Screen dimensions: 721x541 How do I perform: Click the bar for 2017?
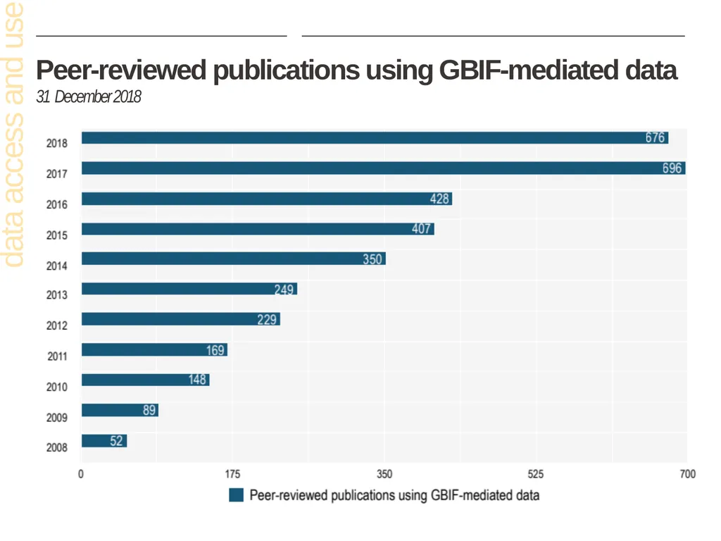click(x=384, y=168)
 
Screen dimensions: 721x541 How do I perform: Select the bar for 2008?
click(x=104, y=441)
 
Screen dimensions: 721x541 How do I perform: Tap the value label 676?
click(x=655, y=137)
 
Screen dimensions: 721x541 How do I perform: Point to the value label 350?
click(x=372, y=259)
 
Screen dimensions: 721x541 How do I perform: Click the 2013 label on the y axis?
click(x=56, y=295)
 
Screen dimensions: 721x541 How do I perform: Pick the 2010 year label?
click(x=56, y=387)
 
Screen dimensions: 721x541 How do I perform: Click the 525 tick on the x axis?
click(x=536, y=474)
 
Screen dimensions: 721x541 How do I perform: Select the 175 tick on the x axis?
click(x=232, y=474)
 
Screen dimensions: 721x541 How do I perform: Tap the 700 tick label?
click(x=687, y=474)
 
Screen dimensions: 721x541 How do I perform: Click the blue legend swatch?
click(x=237, y=495)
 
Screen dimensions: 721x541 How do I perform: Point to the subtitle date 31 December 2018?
click(x=89, y=97)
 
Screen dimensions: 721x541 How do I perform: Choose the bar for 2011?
click(x=154, y=349)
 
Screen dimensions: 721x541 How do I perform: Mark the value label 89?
click(x=149, y=410)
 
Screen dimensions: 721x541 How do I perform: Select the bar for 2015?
click(x=258, y=229)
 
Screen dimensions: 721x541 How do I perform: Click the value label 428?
click(x=439, y=199)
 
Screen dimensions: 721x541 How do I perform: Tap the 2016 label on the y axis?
click(x=56, y=205)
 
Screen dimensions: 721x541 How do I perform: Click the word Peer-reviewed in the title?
click(x=121, y=70)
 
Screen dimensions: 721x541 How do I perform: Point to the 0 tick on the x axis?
click(x=81, y=474)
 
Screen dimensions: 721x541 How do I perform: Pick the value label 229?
click(x=267, y=319)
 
